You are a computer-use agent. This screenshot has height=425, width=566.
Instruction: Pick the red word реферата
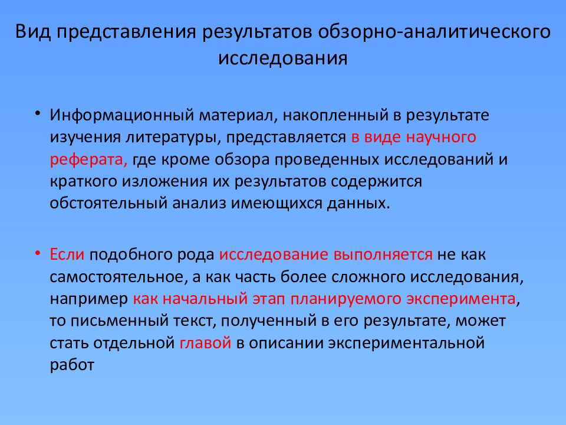[x=88, y=160]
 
